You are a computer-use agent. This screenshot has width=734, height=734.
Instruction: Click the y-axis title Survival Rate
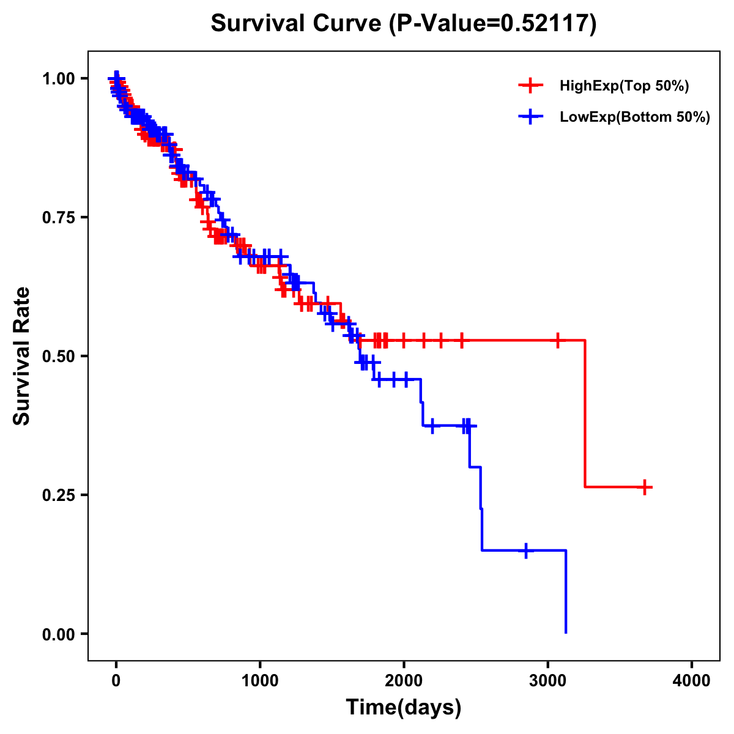[x=22, y=355]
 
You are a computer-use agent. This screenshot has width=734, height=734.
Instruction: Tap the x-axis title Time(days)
[x=403, y=708]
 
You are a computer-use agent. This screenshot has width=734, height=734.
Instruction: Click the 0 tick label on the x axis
[x=116, y=681]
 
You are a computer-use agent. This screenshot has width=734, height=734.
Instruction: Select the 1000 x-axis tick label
[x=260, y=681]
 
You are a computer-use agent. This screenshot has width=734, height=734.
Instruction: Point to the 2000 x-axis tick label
[x=404, y=681]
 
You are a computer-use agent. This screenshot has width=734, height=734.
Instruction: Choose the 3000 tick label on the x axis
[x=548, y=681]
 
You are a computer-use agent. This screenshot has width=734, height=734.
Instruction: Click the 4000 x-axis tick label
[x=692, y=681]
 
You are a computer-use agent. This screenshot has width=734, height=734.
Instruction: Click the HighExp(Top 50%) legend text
[x=624, y=86]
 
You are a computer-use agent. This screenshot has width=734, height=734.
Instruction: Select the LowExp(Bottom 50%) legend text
[x=635, y=117]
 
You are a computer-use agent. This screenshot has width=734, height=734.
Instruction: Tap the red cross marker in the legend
[x=530, y=86]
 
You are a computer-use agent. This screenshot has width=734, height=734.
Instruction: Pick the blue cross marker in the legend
[x=530, y=117]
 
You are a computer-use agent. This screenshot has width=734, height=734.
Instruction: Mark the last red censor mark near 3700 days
[x=645, y=487]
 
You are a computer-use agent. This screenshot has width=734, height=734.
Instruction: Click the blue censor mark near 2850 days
[x=525, y=550]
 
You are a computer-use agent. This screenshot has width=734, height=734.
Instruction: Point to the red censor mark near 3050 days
[x=557, y=340]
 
